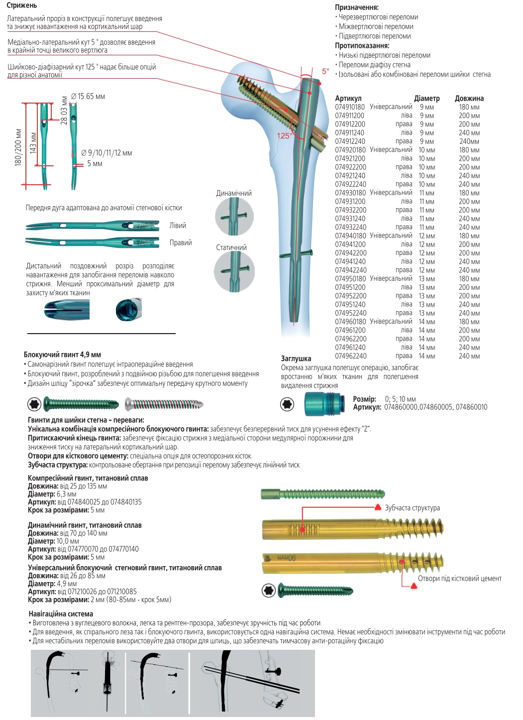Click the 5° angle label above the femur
pyautogui.click(x=325, y=71)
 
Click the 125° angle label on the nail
pyautogui.click(x=284, y=135)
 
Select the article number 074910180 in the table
pyautogui.click(x=350, y=107)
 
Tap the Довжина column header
pyautogui.click(x=469, y=99)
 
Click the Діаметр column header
pyautogui.click(x=426, y=99)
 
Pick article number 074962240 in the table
pyautogui.click(x=350, y=356)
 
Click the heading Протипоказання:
pyautogui.click(x=362, y=46)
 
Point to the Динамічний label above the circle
pyautogui.click(x=234, y=193)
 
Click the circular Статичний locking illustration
pyautogui.click(x=234, y=271)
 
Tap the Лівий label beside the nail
pyautogui.click(x=178, y=226)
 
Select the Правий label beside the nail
pyautogui.click(x=180, y=243)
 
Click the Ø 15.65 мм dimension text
pyautogui.click(x=88, y=97)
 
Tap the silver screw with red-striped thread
pyautogui.click(x=164, y=404)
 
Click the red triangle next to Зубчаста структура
pyautogui.click(x=378, y=507)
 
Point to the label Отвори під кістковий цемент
pyautogui.click(x=459, y=579)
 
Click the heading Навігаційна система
pyautogui.click(x=61, y=614)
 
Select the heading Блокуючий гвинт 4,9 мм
pyautogui.click(x=62, y=355)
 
